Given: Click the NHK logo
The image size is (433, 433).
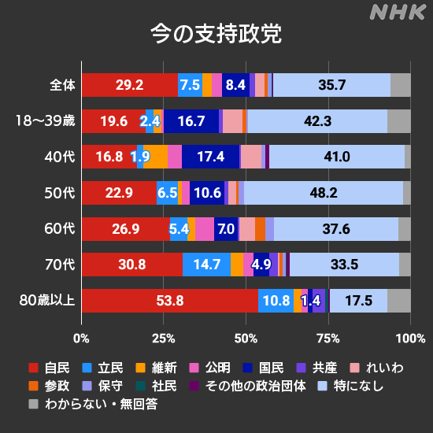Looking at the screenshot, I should point(397,13).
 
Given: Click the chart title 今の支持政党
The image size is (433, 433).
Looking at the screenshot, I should point(216,35).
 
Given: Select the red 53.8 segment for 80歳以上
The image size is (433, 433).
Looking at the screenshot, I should point(170,301).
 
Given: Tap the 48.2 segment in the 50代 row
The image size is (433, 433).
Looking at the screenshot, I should point(324,193).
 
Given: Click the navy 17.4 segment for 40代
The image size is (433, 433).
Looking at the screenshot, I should point(210,157).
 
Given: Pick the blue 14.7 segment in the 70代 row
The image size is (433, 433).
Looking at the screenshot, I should point(206,265).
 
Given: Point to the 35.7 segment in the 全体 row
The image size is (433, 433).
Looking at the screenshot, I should point(331,85).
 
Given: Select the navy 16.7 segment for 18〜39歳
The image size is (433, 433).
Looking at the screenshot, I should point(191,121).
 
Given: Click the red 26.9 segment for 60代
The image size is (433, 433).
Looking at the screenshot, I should point(126,229).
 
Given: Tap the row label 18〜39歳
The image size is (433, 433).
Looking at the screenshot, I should point(46,121).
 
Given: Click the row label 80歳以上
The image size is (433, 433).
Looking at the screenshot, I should point(46,301).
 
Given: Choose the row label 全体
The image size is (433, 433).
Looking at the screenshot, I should point(61,85).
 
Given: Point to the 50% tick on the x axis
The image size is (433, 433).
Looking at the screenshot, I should point(246,339).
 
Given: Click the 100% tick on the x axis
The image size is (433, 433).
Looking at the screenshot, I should point(409,339).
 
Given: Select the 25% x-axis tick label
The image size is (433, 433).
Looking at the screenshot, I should point(163,339).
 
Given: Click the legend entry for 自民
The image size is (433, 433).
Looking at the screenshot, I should point(50,368).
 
